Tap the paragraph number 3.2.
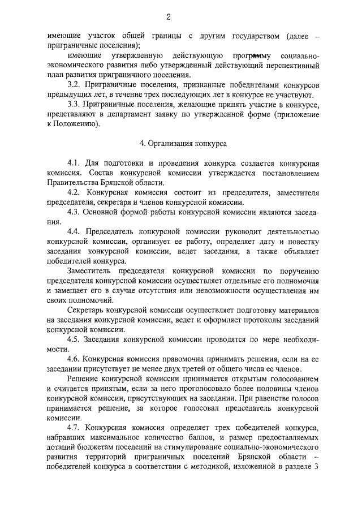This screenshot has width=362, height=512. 74,84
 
